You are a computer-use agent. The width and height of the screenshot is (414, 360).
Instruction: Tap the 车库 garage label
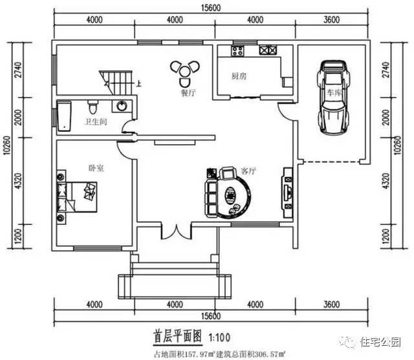point(334,93)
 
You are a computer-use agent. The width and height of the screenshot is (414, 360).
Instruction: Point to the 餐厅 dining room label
point(189,92)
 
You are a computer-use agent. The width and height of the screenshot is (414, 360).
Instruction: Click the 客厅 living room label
point(248,171)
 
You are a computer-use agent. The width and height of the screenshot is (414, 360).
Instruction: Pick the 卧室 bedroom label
point(97,167)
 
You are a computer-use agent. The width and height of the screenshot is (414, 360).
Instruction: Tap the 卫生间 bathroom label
point(94,122)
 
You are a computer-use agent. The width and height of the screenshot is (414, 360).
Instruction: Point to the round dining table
point(185,69)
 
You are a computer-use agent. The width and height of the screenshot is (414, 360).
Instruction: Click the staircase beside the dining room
point(116,81)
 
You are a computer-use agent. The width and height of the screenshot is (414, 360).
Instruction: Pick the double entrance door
point(175,231)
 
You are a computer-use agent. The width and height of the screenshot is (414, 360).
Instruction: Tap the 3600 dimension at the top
point(331,19)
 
